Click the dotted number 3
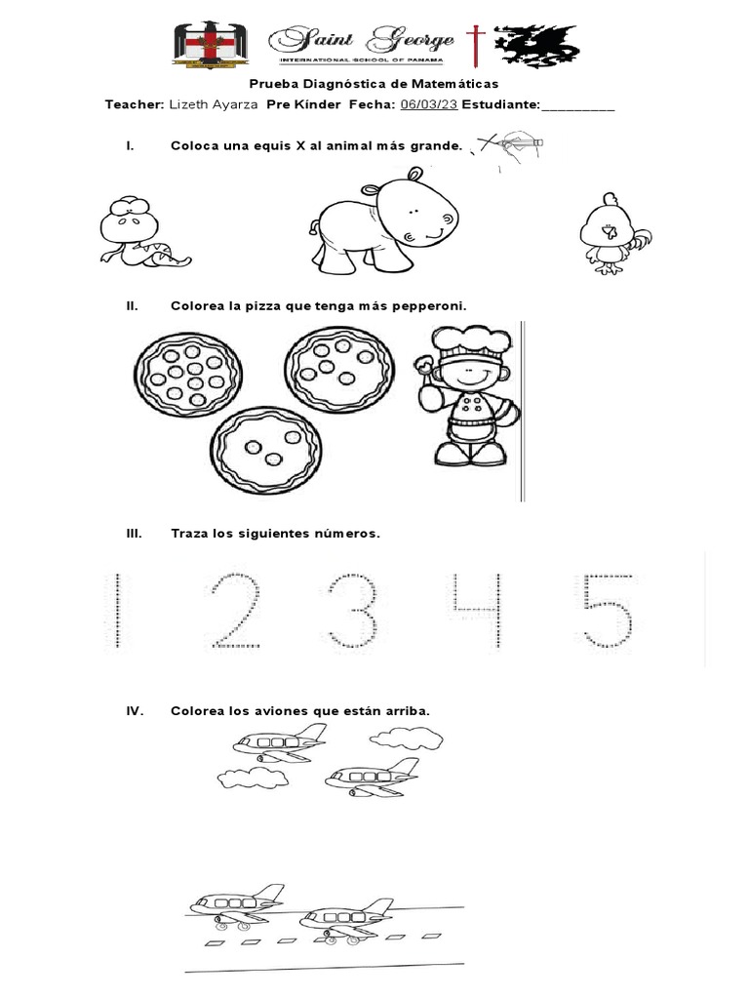click(353, 611)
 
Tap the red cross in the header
click(475, 45)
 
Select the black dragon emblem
click(537, 44)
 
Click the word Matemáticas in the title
click(450, 85)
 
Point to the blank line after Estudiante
click(577, 105)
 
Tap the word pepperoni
click(426, 306)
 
